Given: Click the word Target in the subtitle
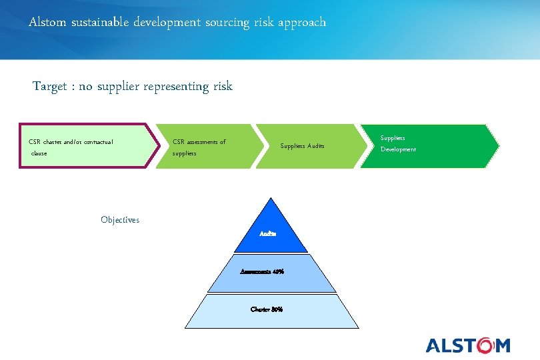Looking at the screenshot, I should pyautogui.click(x=50, y=86).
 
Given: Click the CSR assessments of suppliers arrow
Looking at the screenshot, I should pyautogui.click(x=207, y=146).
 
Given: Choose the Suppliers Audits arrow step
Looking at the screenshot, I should pyautogui.click(x=303, y=146).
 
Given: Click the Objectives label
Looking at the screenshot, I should pyautogui.click(x=120, y=220).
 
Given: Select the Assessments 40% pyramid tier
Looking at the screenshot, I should pyautogui.click(x=269, y=272).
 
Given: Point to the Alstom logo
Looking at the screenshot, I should pyautogui.click(x=467, y=345).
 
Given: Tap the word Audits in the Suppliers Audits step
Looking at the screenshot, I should pyautogui.click(x=315, y=146).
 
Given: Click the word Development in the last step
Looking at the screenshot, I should pyautogui.click(x=398, y=149).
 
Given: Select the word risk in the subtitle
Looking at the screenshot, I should pyautogui.click(x=223, y=86).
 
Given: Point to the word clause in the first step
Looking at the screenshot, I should pyautogui.click(x=39, y=153).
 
